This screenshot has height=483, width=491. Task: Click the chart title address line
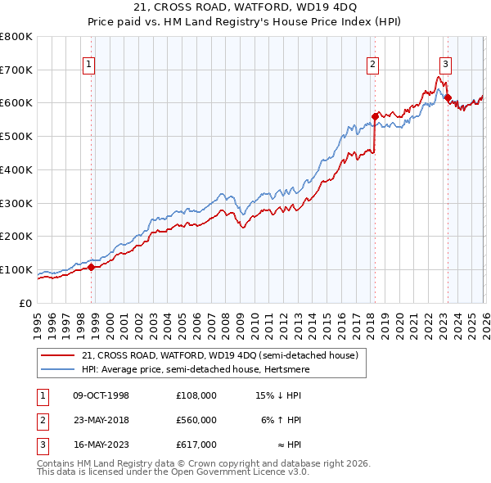pos(245,7)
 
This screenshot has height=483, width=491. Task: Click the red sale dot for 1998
pos(92,267)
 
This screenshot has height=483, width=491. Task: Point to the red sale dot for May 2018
pos(375,116)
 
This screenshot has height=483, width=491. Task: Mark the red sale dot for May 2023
pos(448,97)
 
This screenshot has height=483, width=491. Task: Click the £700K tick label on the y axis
pos(16,70)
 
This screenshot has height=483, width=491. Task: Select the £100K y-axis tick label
pos(16,270)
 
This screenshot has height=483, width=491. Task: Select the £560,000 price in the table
pos(196,420)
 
